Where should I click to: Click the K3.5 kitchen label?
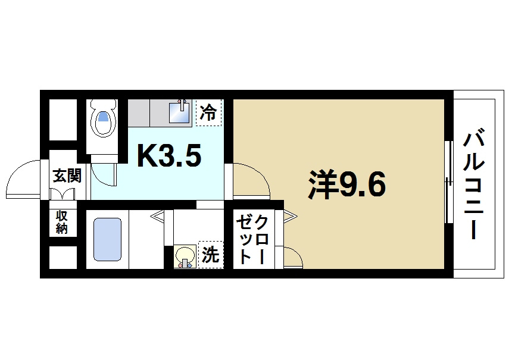pyautogui.click(x=169, y=156)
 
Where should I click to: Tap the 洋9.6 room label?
pyautogui.click(x=348, y=186)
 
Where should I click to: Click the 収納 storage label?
pyautogui.click(x=62, y=221)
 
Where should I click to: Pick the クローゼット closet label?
pyautogui.click(x=252, y=239)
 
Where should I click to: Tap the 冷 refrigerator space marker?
pyautogui.click(x=208, y=112)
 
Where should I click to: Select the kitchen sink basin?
pyautogui.click(x=179, y=112)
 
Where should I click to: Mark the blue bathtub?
pyautogui.click(x=108, y=239)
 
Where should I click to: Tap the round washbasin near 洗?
pyautogui.click(x=184, y=256)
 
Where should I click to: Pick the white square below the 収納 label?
pyautogui.click(x=62, y=258)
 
